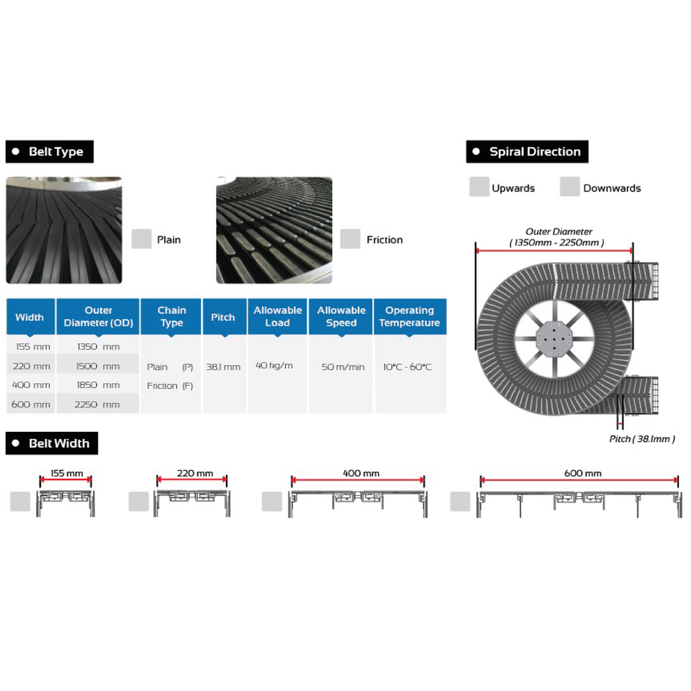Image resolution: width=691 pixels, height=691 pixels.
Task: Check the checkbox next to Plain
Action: click(x=142, y=239)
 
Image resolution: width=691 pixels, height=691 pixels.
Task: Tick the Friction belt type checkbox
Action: click(x=350, y=239)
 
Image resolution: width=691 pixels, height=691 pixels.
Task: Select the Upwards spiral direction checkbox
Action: click(x=479, y=187)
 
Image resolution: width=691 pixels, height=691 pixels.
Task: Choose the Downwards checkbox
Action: click(x=570, y=187)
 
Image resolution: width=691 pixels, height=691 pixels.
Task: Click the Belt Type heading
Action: click(x=50, y=152)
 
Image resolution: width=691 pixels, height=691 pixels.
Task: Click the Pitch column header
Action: click(x=223, y=317)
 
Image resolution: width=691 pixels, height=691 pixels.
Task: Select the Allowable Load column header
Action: click(x=277, y=317)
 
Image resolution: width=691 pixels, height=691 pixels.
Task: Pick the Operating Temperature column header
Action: click(x=410, y=317)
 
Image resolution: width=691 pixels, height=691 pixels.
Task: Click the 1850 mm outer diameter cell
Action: click(x=98, y=385)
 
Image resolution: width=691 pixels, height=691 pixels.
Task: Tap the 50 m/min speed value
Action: click(x=343, y=366)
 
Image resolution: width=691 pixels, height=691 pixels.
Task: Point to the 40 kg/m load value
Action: click(x=274, y=366)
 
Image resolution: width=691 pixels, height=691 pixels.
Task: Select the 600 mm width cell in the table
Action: click(x=31, y=405)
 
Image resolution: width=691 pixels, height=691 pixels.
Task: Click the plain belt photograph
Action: click(x=64, y=230)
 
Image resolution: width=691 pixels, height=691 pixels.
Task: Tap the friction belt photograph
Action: click(x=274, y=230)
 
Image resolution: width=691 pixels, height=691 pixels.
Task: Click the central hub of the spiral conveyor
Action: click(x=554, y=340)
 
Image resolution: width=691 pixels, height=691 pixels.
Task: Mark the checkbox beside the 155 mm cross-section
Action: click(x=20, y=502)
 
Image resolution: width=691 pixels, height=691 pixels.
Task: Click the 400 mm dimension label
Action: click(x=361, y=474)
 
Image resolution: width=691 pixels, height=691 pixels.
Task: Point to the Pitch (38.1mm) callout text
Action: click(x=642, y=439)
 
